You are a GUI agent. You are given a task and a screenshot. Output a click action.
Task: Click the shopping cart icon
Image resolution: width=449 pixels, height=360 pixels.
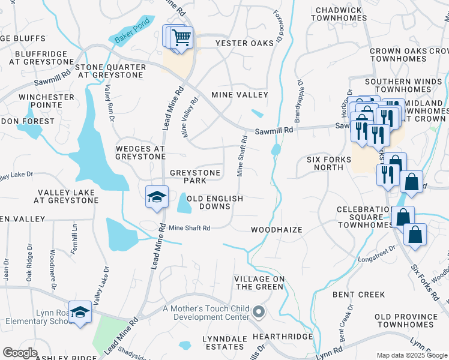[181, 38]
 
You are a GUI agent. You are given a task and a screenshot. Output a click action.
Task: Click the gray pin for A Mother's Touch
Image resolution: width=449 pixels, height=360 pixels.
[259, 311]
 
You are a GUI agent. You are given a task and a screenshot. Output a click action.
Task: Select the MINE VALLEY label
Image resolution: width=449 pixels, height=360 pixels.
[239, 95]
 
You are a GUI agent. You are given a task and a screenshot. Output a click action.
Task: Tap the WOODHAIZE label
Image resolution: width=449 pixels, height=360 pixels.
[276, 230]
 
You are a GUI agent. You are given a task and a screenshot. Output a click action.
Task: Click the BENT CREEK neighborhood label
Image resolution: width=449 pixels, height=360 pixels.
[358, 295]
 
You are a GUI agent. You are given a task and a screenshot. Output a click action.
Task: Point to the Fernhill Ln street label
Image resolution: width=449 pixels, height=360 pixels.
[74, 239]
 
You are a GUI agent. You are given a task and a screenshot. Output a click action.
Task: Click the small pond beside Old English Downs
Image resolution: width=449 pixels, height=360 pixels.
[183, 204]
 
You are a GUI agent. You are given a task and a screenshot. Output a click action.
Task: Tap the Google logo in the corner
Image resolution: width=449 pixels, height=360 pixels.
[20, 353]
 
